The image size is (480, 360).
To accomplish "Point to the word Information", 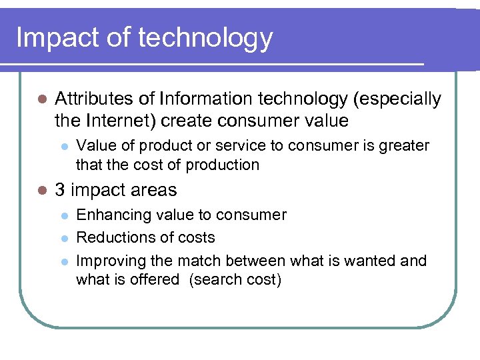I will [201, 99].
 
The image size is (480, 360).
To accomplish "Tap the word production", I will [223, 165].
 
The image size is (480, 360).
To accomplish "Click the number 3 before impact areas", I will [59, 191].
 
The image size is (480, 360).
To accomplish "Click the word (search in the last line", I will [213, 279].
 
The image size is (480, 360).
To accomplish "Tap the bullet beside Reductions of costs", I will [63, 238].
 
